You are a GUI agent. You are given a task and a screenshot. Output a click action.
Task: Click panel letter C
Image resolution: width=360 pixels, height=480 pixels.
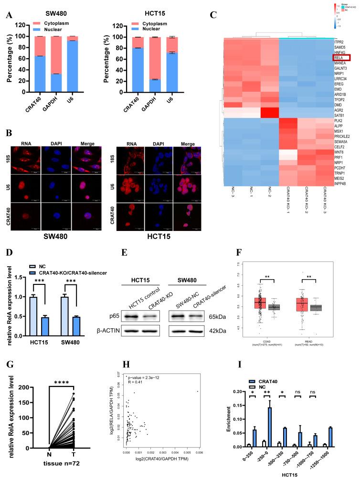tap(213, 15)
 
